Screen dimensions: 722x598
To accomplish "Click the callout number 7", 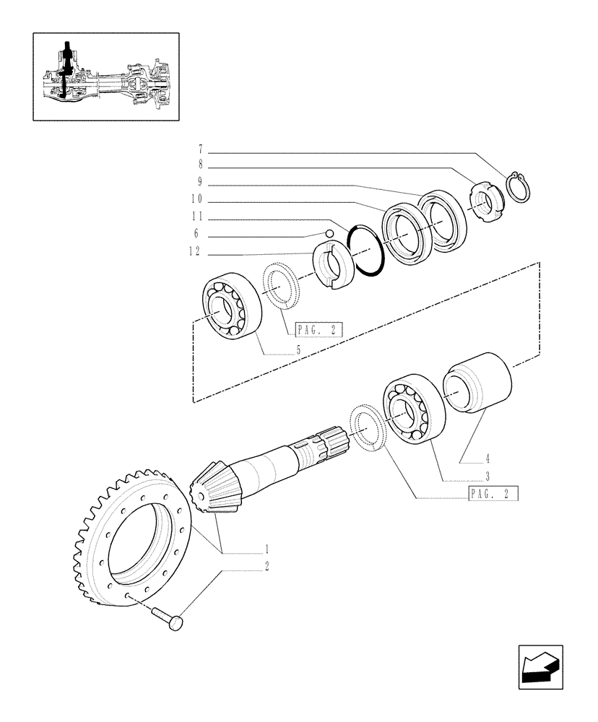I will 200,150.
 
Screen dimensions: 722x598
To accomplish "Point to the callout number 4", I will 487,458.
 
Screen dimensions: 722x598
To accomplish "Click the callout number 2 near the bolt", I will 266,566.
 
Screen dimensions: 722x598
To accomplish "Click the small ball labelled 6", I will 330,233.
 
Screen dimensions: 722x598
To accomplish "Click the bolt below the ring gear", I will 170,618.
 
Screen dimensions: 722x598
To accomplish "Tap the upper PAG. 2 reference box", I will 318,331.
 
